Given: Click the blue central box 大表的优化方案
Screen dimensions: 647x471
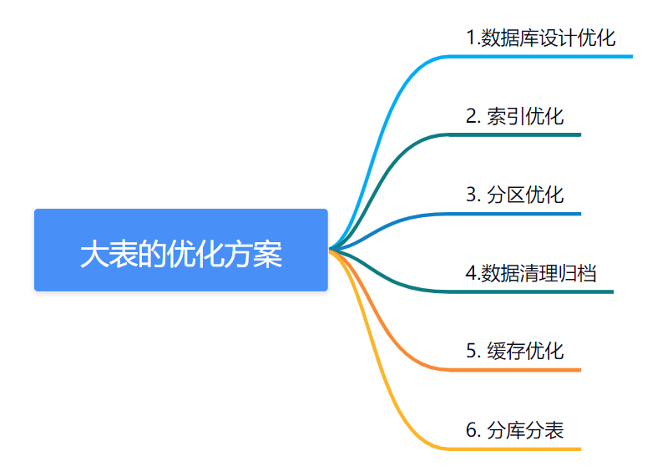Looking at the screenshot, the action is pos(181,251).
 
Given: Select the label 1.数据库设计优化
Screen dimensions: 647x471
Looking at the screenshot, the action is pos(541,38).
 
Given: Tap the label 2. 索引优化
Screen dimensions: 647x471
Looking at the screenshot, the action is pos(515,116).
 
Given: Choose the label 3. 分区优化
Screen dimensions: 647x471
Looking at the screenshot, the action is pos(515,195).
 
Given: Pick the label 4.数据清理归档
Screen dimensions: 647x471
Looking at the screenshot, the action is pos(531,273).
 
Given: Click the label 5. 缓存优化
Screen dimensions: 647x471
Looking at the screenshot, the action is pos(515,352).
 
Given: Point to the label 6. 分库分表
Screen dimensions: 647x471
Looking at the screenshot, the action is pos(515,430).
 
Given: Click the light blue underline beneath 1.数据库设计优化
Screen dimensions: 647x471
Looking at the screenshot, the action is pos(540,57).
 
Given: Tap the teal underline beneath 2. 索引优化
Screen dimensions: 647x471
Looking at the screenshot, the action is pos(514,135).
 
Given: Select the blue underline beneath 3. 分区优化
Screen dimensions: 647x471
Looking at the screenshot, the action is pos(514,214).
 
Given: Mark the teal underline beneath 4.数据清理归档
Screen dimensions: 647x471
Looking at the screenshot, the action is pos(531,291).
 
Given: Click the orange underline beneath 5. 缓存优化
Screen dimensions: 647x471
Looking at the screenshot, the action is pos(514,370).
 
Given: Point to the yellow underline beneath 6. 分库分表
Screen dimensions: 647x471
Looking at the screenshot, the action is pos(514,448).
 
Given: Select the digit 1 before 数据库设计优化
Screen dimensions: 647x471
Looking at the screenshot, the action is pos(471,38).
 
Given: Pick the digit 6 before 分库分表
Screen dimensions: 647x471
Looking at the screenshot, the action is pos(472,430).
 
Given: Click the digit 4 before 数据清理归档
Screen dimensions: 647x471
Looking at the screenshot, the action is pos(471,273).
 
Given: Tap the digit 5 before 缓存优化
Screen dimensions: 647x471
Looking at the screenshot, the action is pos(472,352).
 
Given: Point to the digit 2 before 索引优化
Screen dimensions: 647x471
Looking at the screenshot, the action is pos(472,116).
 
